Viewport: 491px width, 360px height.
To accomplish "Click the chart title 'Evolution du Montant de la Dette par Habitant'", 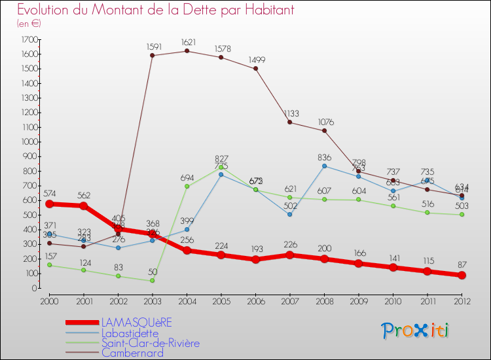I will pos(155,10).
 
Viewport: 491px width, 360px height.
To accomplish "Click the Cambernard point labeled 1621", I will pos(187,51).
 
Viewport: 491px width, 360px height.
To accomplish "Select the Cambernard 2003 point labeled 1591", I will pos(153,56).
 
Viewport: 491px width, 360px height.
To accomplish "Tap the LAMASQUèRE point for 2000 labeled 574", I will pos(49,204).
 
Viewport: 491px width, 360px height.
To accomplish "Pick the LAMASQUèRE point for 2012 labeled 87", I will pos(462,275).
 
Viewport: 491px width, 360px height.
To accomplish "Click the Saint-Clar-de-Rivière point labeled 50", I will pos(153,280).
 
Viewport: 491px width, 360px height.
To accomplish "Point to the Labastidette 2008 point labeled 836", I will pos(324,166).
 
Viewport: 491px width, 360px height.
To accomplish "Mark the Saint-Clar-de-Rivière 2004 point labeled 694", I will pos(187,187).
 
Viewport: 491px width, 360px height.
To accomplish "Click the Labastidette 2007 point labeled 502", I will pos(290,214).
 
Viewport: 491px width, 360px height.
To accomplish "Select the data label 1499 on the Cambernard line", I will pos(257,60).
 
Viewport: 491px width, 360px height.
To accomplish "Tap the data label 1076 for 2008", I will pos(325,122).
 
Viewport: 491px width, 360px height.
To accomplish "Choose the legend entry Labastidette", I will pos(130,333).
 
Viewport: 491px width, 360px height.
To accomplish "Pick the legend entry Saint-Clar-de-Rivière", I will pos(150,343).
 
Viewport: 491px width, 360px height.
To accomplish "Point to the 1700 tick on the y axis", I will pos(29,39).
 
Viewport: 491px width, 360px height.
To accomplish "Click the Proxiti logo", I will pos(416,331).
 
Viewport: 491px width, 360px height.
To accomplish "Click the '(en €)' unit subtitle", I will pos(29,24).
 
